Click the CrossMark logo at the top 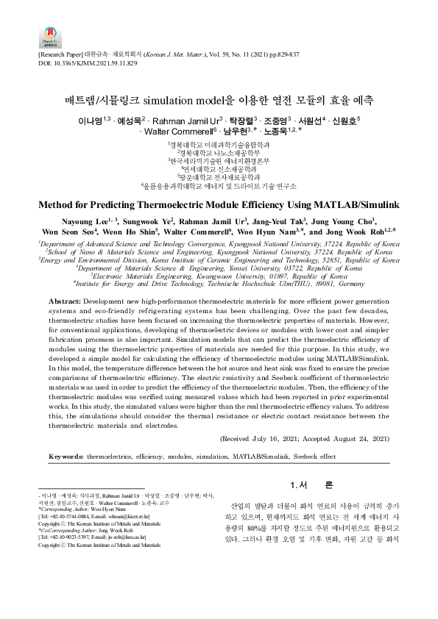(49, 35)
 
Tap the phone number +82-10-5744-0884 (68, 518)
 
